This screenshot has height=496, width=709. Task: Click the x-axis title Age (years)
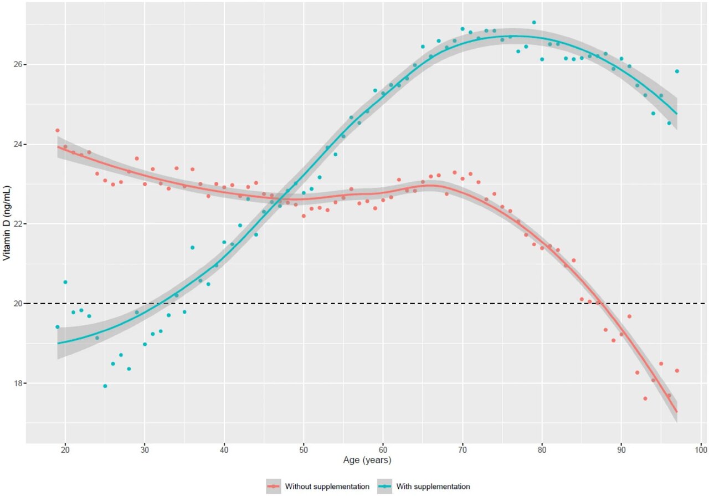point(366,460)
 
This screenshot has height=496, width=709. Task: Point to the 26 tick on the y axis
point(16,64)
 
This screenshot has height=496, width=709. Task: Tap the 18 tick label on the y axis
point(16,383)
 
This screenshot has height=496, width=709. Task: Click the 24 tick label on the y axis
point(16,144)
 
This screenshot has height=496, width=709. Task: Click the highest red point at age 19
point(57,130)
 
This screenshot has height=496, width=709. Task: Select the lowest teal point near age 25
point(105,386)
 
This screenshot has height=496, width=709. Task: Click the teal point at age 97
point(677,71)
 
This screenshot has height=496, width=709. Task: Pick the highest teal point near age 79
point(534,23)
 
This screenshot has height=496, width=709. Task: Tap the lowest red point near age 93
point(645,398)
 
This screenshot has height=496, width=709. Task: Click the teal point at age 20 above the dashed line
point(65,282)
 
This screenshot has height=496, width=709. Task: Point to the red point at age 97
point(677,371)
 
